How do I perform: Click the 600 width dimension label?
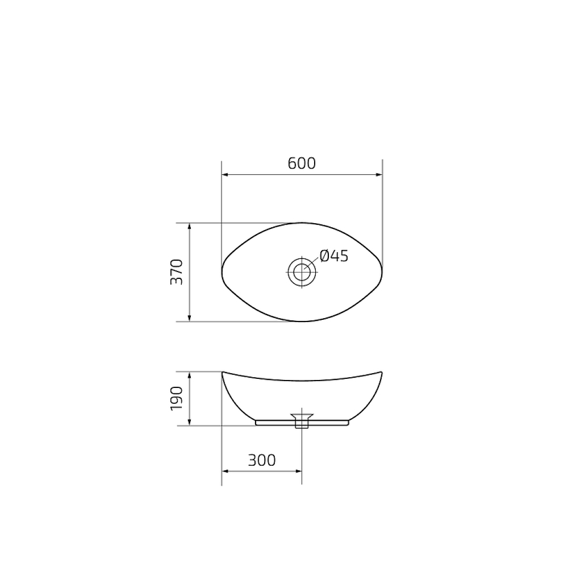(302, 164)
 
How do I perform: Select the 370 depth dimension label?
(177, 272)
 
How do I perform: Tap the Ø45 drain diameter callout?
(334, 256)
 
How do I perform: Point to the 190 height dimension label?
(177, 399)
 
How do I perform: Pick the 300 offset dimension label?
(262, 460)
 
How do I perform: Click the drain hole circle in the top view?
(302, 272)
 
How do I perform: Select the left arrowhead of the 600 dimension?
(225, 176)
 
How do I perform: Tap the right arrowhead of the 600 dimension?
(379, 176)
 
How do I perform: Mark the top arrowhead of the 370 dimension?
(189, 227)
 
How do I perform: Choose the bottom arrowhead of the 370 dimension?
(189, 318)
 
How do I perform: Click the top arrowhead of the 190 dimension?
(189, 375)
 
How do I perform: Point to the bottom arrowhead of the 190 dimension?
(189, 421)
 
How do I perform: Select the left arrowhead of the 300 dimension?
(225, 471)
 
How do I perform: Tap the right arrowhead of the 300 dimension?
(298, 471)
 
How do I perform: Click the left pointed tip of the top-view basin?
(222, 272)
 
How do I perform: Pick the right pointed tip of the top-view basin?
(382, 272)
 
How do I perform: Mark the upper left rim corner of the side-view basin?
(223, 373)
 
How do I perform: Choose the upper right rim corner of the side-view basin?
(381, 373)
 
